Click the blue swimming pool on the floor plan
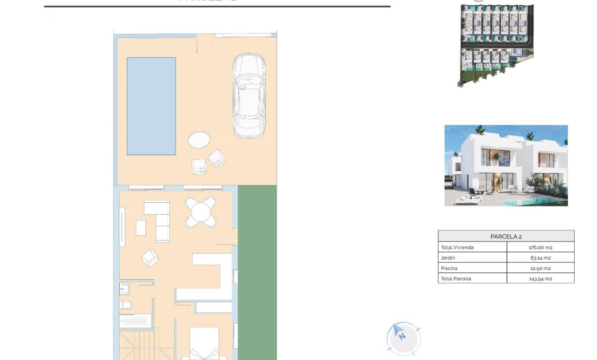point(151,106)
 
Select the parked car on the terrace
point(248,97)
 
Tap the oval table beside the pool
point(199,140)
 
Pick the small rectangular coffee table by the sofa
point(141,228)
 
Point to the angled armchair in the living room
point(150,258)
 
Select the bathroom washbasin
point(125,289)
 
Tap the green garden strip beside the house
point(257,271)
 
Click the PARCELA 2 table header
point(506,236)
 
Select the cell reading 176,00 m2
point(540,247)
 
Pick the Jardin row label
point(449,258)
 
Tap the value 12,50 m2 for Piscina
point(540,268)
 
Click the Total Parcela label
point(456,278)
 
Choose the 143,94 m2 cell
point(540,278)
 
